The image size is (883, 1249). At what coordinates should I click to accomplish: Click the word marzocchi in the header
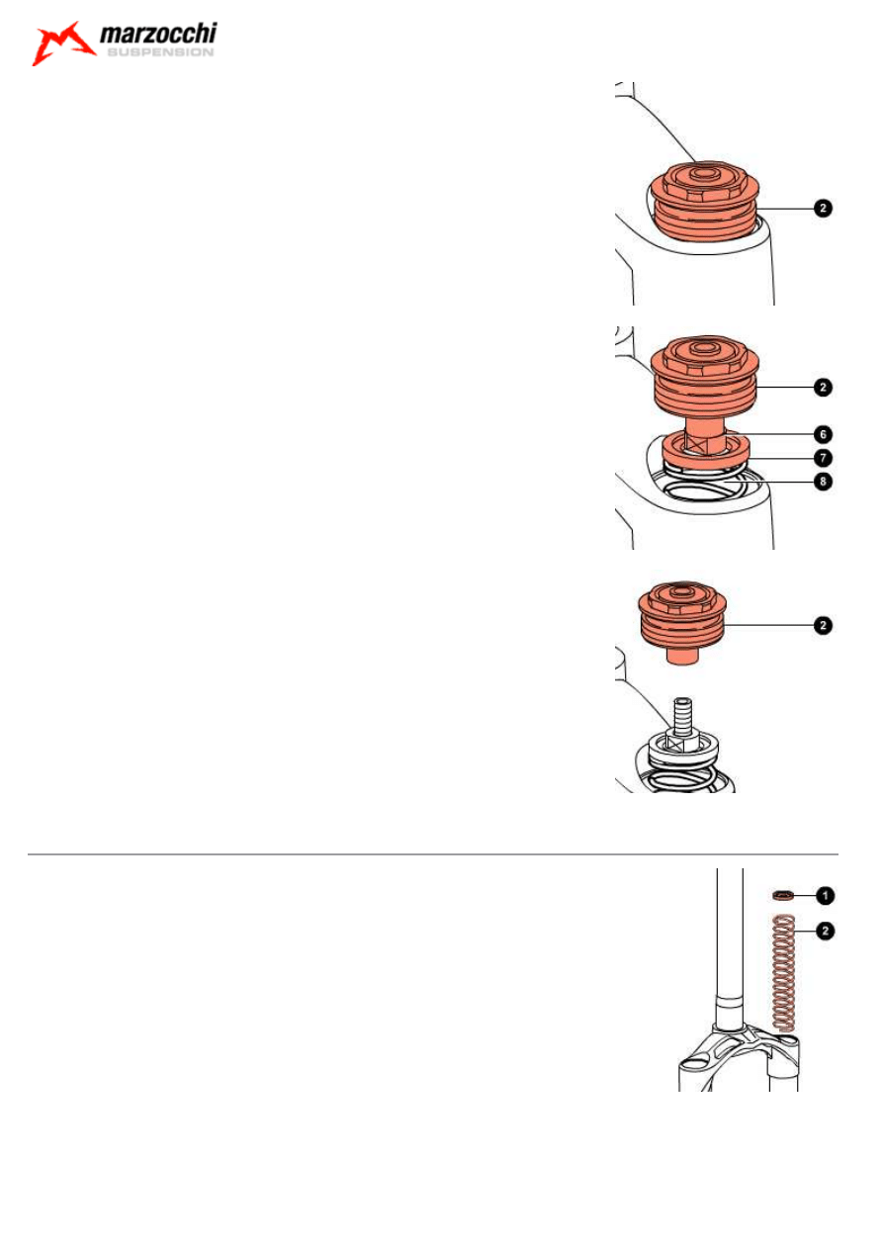(x=158, y=37)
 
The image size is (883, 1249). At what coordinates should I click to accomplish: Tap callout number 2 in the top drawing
(x=822, y=209)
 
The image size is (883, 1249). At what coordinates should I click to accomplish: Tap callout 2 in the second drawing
(x=822, y=388)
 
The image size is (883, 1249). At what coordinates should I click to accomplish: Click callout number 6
(x=822, y=434)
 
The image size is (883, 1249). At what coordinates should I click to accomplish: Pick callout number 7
(x=822, y=458)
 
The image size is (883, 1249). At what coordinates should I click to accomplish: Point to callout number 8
(x=822, y=483)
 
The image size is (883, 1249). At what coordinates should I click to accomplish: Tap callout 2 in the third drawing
(x=822, y=625)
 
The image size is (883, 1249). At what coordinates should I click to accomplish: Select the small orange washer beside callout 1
(x=783, y=895)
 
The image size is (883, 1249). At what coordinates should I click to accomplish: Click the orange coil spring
(x=783, y=974)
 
